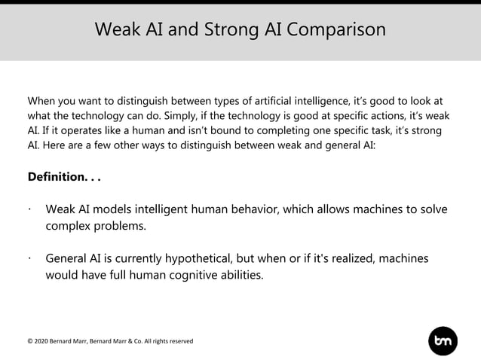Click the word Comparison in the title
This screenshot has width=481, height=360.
click(x=336, y=30)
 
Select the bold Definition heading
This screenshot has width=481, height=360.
click(x=63, y=177)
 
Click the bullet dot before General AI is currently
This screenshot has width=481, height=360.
click(x=29, y=258)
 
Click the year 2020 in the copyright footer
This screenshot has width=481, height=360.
click(x=42, y=341)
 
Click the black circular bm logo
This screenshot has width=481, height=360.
click(x=443, y=341)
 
